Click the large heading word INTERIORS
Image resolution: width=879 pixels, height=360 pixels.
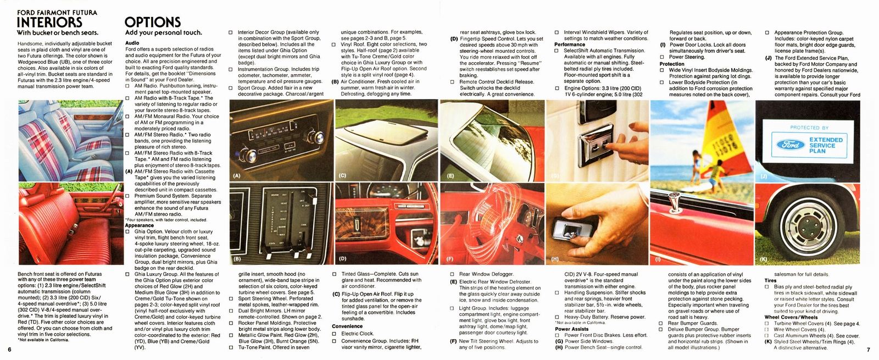click(x=50, y=22)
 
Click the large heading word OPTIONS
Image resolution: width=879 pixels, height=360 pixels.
click(x=152, y=22)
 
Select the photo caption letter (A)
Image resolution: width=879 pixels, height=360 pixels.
click(x=237, y=176)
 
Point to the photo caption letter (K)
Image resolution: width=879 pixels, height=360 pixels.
click(x=764, y=258)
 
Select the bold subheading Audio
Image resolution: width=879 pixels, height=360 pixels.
click(x=132, y=42)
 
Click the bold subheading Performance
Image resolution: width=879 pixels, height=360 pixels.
click(x=570, y=45)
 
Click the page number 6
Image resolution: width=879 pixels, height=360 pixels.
click(x=10, y=350)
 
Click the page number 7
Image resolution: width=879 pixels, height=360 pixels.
click(x=869, y=350)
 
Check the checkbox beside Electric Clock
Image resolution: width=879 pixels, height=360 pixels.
click(x=334, y=333)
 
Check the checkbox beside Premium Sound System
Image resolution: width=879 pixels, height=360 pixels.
click(x=127, y=196)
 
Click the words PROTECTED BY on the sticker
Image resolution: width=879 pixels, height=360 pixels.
click(x=809, y=128)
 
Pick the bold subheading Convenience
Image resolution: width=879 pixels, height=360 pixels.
click(x=347, y=326)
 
